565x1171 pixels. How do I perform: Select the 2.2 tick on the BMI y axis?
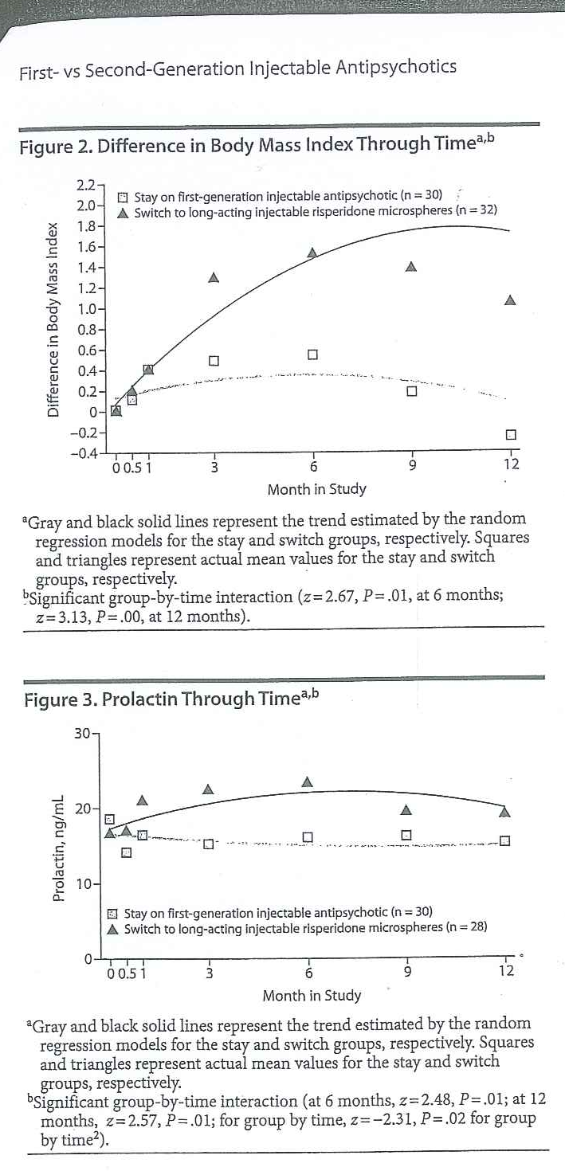(x=85, y=186)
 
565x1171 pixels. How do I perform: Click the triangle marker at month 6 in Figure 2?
(x=313, y=253)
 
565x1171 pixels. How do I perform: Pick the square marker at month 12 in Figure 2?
(x=511, y=435)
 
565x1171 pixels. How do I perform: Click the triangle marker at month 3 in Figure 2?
(x=214, y=277)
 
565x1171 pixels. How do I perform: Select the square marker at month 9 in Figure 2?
(x=412, y=390)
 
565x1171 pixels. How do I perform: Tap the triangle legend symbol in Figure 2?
(x=123, y=213)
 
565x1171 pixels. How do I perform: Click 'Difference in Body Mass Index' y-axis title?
(x=53, y=319)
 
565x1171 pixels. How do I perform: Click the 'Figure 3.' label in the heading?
(x=54, y=699)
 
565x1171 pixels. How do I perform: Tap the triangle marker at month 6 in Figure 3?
(x=308, y=782)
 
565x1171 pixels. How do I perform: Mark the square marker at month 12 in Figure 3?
(x=504, y=840)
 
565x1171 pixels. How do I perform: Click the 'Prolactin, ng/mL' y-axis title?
(x=58, y=848)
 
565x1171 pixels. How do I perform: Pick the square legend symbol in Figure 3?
(x=113, y=913)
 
